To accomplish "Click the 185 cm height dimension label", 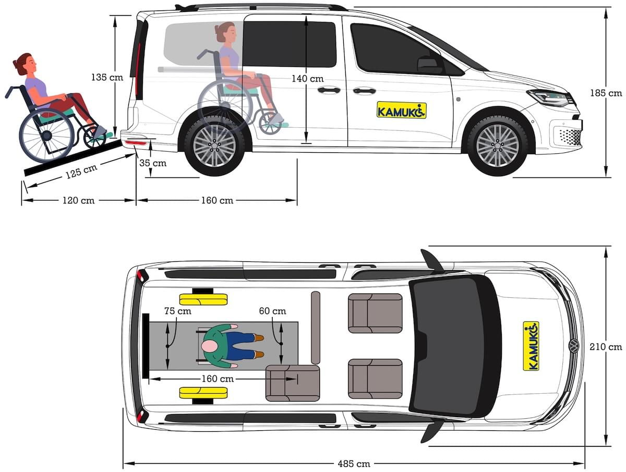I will tap(606, 93).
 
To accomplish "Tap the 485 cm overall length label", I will tap(354, 463).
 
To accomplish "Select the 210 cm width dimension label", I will tap(606, 346).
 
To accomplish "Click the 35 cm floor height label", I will tap(153, 163).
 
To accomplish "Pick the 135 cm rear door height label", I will tap(106, 77).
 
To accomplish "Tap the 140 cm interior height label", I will tap(307, 78).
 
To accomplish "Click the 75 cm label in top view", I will tap(177, 311).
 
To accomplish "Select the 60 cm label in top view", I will tap(272, 311).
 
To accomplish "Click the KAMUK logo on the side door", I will tap(401, 110).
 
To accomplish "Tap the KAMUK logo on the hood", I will tap(531, 346).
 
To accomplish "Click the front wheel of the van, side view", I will tap(498, 146).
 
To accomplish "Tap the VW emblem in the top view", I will tap(573, 346).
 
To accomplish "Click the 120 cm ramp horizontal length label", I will tap(78, 200).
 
